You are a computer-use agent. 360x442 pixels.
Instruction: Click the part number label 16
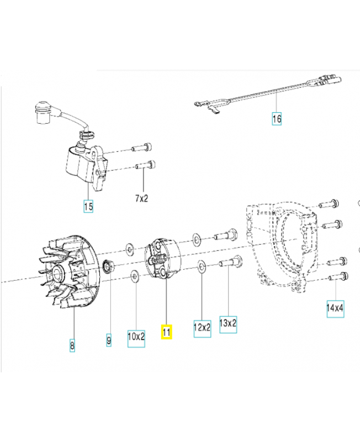(x=277, y=119)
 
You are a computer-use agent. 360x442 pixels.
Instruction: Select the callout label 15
(x=88, y=207)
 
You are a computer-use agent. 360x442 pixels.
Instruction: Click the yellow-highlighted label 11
(x=166, y=332)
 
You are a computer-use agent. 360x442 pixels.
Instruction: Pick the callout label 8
(x=72, y=346)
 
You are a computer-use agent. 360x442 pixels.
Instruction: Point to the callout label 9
(x=108, y=340)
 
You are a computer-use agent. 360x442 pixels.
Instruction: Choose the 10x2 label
(x=136, y=336)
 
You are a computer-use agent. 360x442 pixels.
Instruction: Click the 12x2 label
(x=202, y=327)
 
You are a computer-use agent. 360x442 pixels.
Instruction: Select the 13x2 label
(x=228, y=323)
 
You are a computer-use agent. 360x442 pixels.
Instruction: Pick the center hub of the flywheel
(x=57, y=272)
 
